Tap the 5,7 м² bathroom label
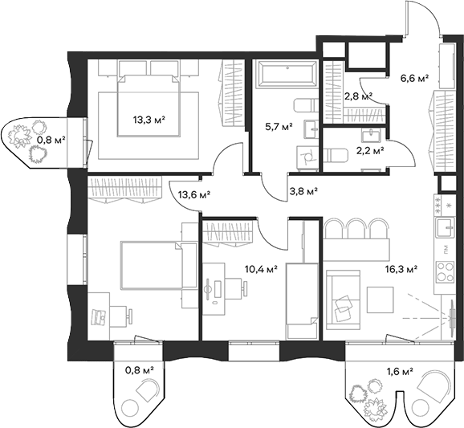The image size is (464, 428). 279,127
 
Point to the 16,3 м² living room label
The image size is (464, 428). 401,269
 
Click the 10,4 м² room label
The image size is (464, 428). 261,269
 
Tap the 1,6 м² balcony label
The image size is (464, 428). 400,372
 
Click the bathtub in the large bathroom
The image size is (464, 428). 287,74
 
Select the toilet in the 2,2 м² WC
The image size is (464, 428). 335,156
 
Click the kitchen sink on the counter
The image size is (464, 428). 446,226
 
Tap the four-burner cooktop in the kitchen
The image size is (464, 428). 446,271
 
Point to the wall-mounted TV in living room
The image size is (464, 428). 452,314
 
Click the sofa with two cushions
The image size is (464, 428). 343,300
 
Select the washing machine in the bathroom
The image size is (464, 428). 307,157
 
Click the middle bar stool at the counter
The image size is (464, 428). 356,229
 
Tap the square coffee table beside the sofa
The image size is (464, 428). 381,300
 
